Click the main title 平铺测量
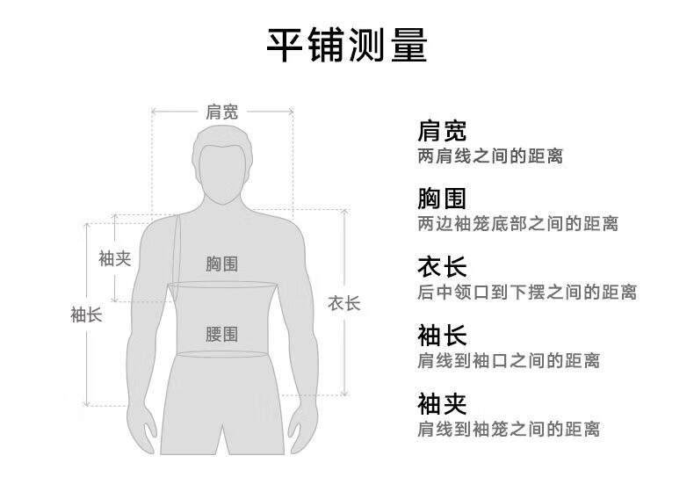(x=347, y=45)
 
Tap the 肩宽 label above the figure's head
(x=221, y=112)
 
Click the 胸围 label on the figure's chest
(x=221, y=264)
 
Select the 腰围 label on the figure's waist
(x=221, y=334)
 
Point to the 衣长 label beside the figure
(x=343, y=304)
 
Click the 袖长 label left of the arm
(x=86, y=315)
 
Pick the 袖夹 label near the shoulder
(x=114, y=258)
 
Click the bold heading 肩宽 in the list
(x=442, y=131)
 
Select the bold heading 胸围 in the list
(x=442, y=199)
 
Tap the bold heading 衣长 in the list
(x=442, y=266)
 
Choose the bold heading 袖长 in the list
(x=442, y=336)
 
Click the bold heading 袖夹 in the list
(x=442, y=403)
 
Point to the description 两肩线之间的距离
(x=490, y=155)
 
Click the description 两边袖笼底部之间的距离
(x=517, y=224)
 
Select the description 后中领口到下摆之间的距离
(x=527, y=293)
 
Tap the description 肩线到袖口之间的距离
(x=509, y=360)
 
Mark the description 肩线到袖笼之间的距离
(x=509, y=429)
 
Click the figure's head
(x=222, y=164)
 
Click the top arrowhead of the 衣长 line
(x=344, y=210)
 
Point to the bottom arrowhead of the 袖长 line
(x=87, y=404)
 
